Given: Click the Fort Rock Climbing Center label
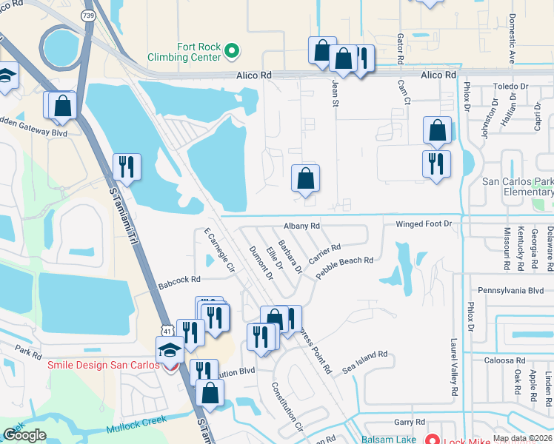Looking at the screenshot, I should point(184,52).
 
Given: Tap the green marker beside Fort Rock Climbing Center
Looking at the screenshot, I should point(232,51).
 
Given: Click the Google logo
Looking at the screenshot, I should point(24,435).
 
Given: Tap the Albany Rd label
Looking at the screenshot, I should point(301,226).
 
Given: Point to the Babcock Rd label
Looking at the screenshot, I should point(180,280).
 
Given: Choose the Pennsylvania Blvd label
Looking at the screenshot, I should point(511,291).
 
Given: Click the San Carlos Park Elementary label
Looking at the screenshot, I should point(518,186).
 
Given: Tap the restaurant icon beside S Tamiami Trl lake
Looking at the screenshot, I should point(126,166).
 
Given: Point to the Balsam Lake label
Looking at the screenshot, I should point(389,439).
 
